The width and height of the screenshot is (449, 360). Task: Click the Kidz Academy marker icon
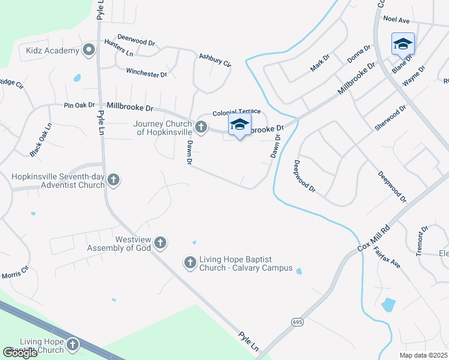pyautogui.click(x=89, y=50)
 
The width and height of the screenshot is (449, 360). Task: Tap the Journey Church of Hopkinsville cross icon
pyautogui.click(x=201, y=127)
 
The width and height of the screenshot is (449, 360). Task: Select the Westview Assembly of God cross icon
pyautogui.click(x=160, y=243)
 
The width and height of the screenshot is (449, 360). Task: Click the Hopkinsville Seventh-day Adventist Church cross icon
pyautogui.click(x=113, y=179)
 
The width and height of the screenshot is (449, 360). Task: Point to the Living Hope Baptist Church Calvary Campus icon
pyautogui.click(x=190, y=262)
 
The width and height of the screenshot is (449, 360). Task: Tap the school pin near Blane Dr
pyautogui.click(x=403, y=44)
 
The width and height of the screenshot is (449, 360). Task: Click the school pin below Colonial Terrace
pyautogui.click(x=240, y=125)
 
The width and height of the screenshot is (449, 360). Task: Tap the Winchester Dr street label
pyautogui.click(x=146, y=73)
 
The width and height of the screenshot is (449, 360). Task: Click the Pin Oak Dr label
pyautogui.click(x=79, y=105)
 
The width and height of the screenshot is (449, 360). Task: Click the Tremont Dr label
pyautogui.click(x=422, y=241)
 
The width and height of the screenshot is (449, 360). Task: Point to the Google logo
pyautogui.click(x=20, y=352)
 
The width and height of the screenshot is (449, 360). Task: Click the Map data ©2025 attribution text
pyautogui.click(x=423, y=355)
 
